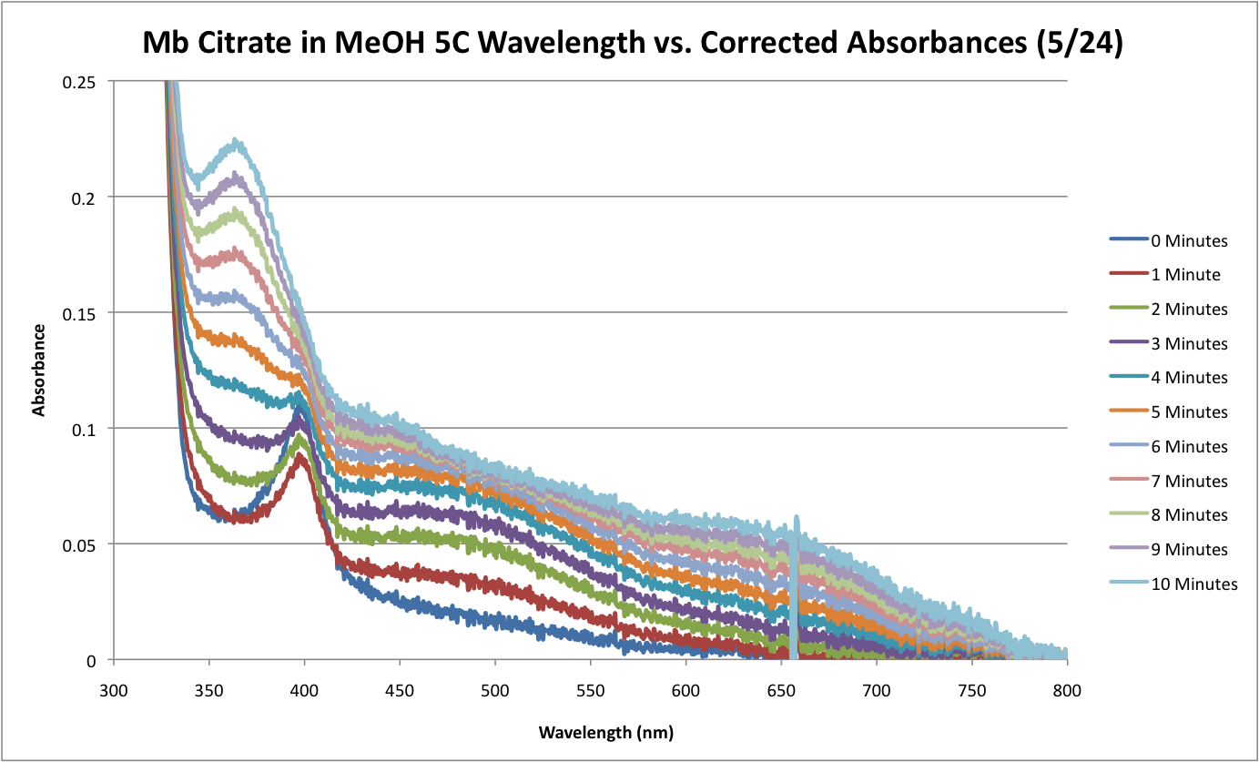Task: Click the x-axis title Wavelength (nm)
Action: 605,732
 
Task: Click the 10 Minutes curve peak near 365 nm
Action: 237,141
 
